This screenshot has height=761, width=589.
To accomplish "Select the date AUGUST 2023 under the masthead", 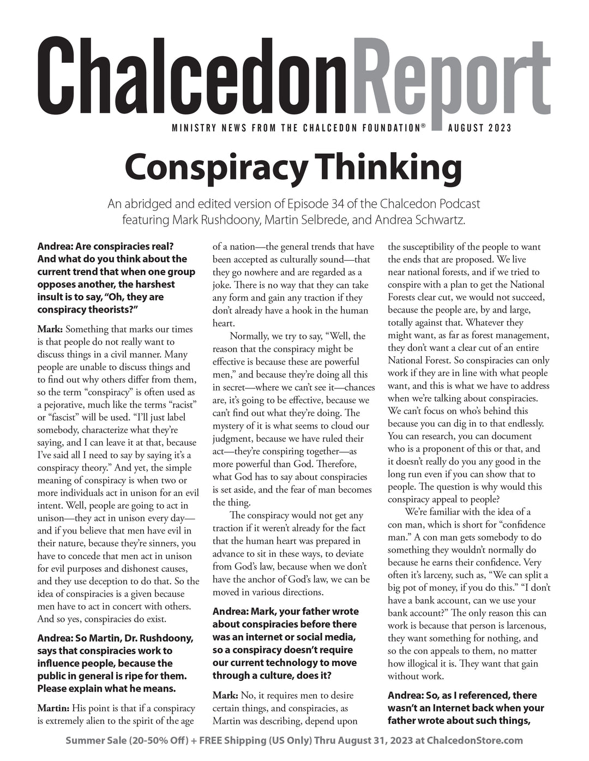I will coord(479,128).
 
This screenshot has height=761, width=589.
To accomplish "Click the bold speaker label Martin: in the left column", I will coord(53,709).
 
